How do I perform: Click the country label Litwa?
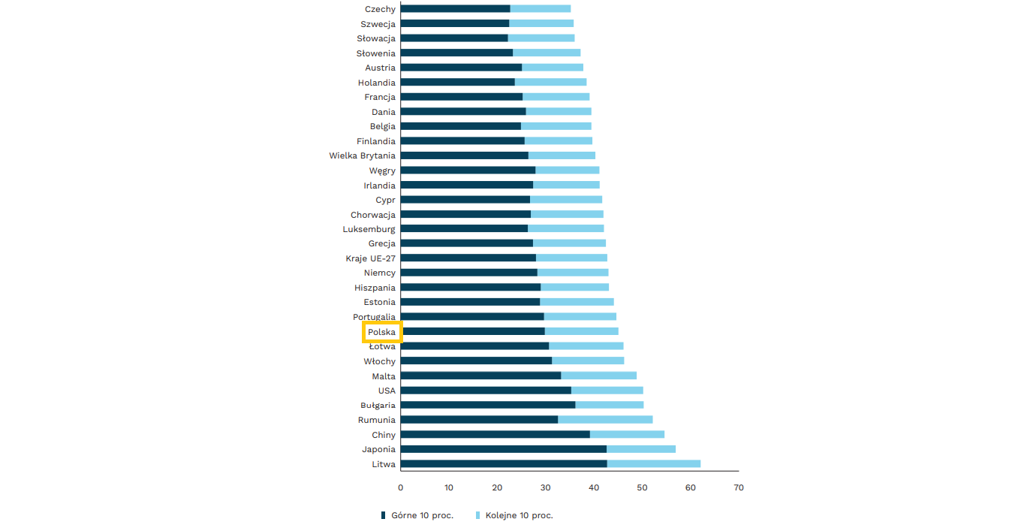383,464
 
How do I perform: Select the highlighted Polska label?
381,332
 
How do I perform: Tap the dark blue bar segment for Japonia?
503,449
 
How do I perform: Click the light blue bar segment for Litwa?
653,464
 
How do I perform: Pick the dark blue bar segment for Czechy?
455,9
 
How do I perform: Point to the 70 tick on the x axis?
739,488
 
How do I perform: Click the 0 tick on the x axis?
401,488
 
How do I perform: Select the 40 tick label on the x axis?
594,488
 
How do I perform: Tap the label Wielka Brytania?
362,155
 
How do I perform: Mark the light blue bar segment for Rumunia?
605,420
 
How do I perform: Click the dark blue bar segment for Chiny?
495,435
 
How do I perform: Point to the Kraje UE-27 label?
370,258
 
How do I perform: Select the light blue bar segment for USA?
607,391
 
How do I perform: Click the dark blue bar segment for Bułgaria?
488,405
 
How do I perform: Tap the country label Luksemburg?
369,229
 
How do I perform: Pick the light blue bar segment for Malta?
598,376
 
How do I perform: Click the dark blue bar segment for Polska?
472,331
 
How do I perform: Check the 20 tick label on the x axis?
497,488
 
